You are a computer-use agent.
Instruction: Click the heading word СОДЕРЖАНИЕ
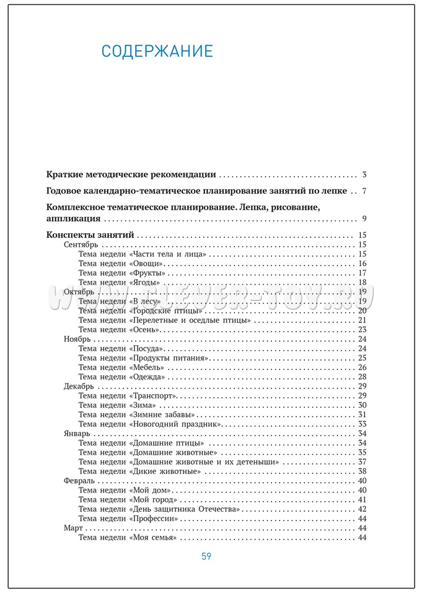tap(157, 51)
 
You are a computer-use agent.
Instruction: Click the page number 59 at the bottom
tap(206, 556)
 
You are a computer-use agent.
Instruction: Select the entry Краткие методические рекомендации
tap(131, 174)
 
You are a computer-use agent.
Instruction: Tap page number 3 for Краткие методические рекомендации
tap(365, 174)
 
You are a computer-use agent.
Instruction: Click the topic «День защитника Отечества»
tap(185, 509)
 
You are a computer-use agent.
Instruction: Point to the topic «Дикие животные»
tap(165, 471)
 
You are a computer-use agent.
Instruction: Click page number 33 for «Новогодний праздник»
tap(363, 424)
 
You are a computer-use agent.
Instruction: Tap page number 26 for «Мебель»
tap(363, 368)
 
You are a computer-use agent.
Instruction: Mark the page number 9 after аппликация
tap(365, 218)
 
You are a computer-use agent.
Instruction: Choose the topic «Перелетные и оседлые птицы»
tap(190, 320)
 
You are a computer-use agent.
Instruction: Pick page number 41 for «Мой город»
tap(363, 499)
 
